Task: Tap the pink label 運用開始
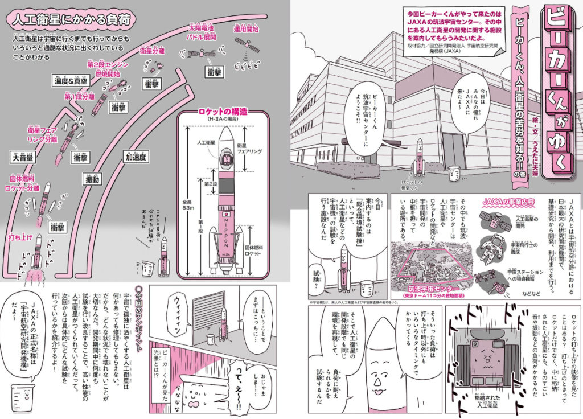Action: [245, 28]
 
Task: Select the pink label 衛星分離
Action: [152, 51]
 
